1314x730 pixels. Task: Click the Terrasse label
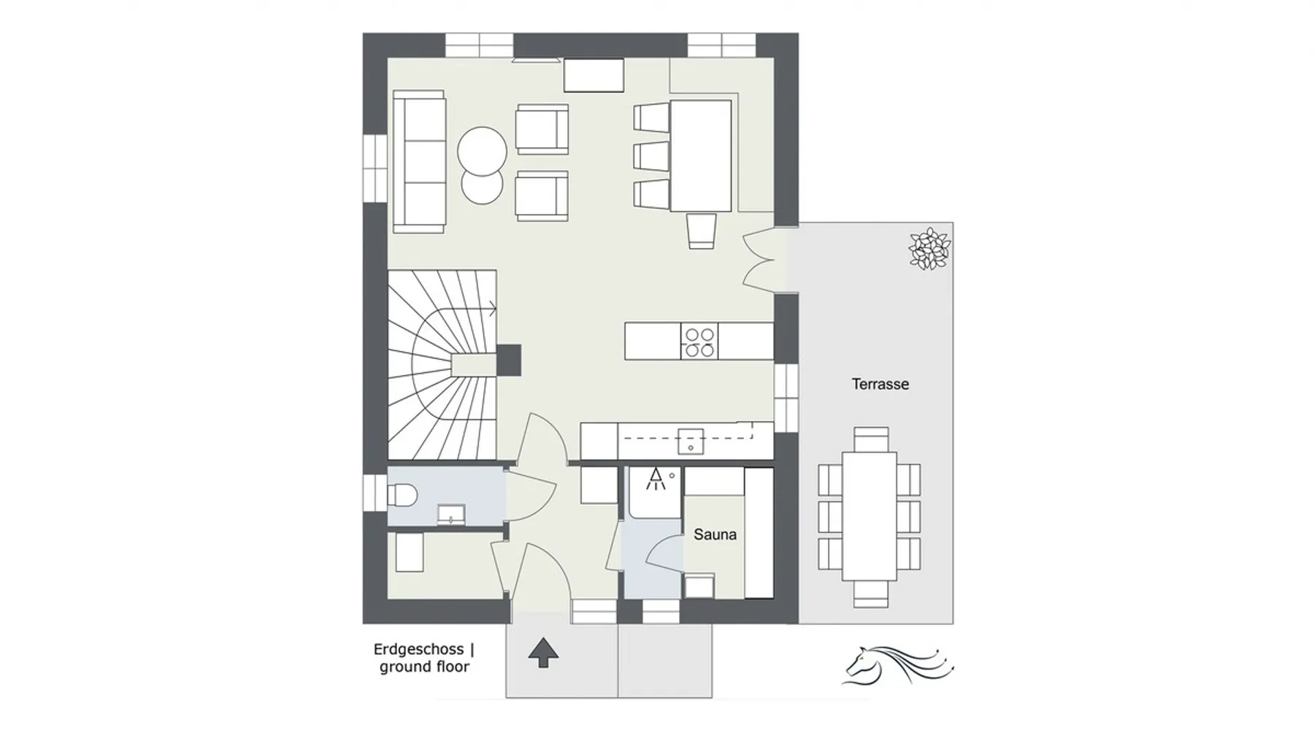pyautogui.click(x=880, y=384)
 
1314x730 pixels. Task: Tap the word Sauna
pyautogui.click(x=715, y=534)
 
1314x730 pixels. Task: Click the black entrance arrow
pyautogui.click(x=542, y=652)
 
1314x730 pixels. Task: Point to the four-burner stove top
pyautogui.click(x=699, y=342)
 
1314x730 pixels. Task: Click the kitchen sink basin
pyautogui.click(x=690, y=441)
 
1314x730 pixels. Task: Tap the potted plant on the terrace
pyautogui.click(x=929, y=249)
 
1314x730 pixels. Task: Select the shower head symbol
pyautogui.click(x=656, y=479)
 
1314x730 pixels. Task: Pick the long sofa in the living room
pyautogui.click(x=419, y=161)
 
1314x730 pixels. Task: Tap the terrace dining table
pyautogui.click(x=869, y=516)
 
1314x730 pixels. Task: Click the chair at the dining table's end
pyautogui.click(x=702, y=231)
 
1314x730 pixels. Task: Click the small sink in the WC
pyautogui.click(x=450, y=514)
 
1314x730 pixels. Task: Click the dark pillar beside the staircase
pyautogui.click(x=509, y=360)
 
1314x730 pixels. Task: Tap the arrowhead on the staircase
pyautogui.click(x=493, y=309)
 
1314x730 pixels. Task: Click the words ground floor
pyautogui.click(x=424, y=667)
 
